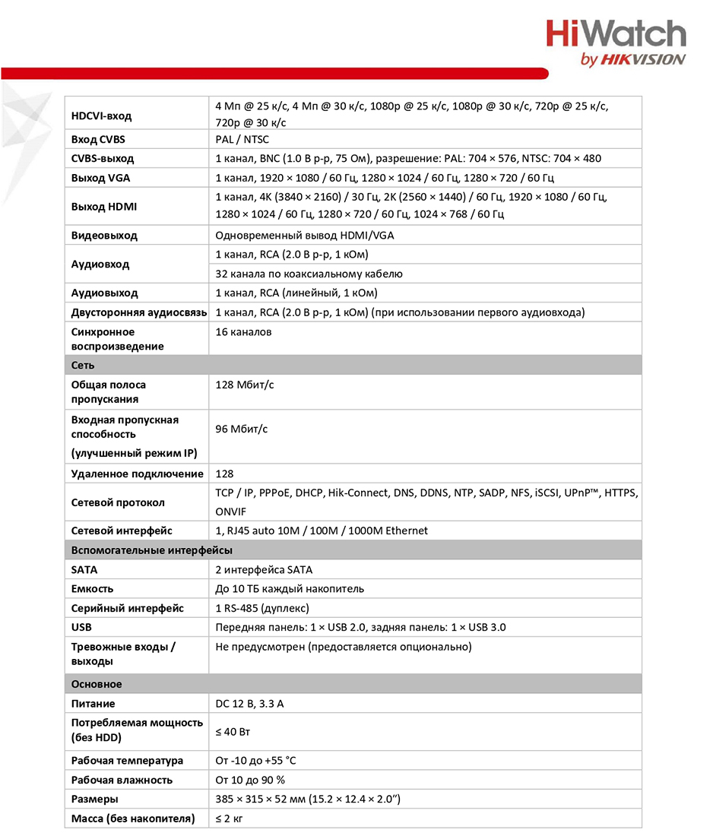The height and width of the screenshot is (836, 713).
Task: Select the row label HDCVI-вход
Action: [x=101, y=116]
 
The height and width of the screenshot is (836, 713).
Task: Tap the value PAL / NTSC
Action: [x=242, y=140]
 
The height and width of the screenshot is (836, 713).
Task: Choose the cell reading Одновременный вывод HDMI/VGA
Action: [x=305, y=236]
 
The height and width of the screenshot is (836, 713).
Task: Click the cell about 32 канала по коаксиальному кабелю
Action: [x=309, y=274]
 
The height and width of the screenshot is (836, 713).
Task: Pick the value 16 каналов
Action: [x=244, y=332]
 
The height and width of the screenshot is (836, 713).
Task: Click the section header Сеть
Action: [x=83, y=365]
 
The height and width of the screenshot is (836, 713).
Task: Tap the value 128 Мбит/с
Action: [x=245, y=385]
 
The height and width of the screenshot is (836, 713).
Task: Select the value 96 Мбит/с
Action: [x=242, y=429]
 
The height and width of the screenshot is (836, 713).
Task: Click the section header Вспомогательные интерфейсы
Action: [x=152, y=550]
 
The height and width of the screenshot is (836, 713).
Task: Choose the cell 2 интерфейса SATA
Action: [x=264, y=570]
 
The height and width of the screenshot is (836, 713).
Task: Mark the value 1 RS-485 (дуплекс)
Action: [x=262, y=608]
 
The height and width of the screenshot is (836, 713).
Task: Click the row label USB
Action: [x=81, y=628]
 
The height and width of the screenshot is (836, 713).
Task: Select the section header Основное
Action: [x=97, y=684]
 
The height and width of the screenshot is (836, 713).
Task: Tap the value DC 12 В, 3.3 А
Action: [x=249, y=704]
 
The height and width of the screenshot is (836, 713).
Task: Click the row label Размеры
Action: [x=94, y=800]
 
